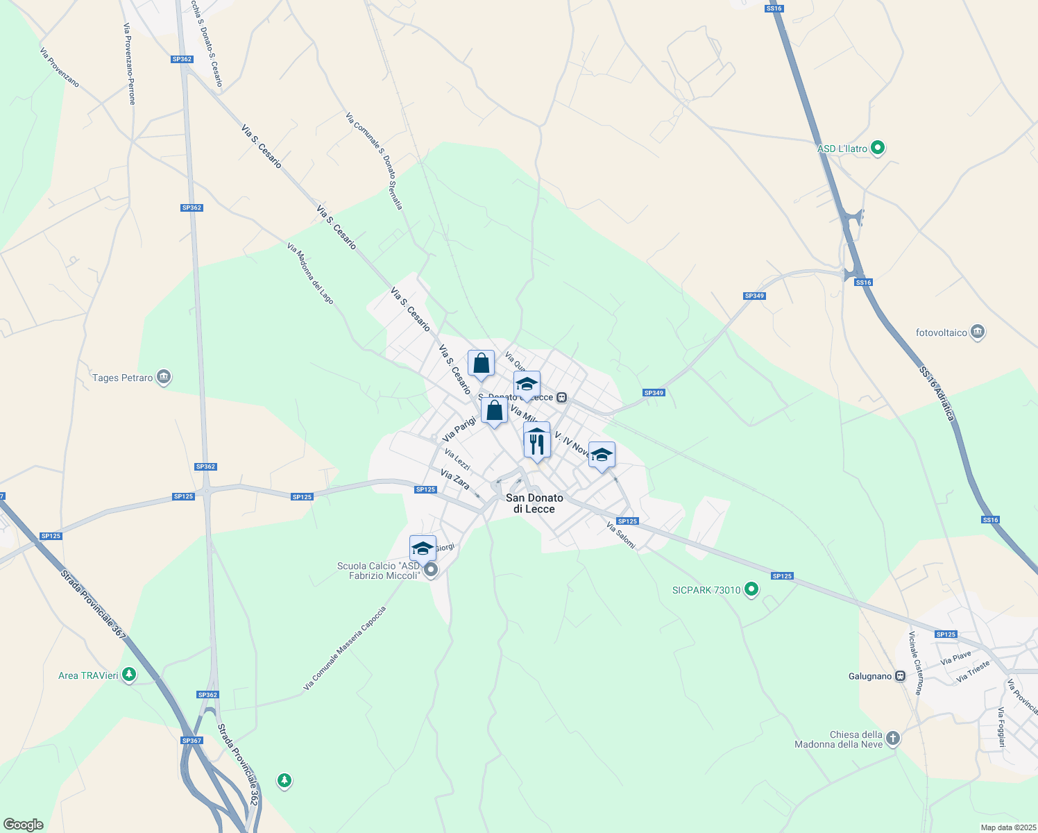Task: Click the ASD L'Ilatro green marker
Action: (x=878, y=148)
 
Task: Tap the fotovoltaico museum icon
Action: (x=978, y=333)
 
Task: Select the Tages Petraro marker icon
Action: (x=164, y=378)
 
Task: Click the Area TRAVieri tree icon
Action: (x=128, y=675)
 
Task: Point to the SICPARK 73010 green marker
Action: (x=751, y=590)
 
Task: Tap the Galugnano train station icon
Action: (x=901, y=676)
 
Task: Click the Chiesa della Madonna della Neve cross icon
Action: (x=893, y=739)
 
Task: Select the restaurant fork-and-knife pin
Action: (x=536, y=444)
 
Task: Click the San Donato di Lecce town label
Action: (x=534, y=503)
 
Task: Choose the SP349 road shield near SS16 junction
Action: (x=754, y=296)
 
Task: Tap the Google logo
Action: (x=23, y=825)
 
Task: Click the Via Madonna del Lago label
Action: (x=310, y=273)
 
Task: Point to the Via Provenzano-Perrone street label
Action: (x=129, y=64)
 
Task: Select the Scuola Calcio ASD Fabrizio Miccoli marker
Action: (x=431, y=571)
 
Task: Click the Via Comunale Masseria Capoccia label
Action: (x=344, y=649)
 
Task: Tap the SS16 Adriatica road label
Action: (x=937, y=394)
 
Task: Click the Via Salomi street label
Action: (x=620, y=535)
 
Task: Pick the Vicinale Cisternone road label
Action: (x=916, y=664)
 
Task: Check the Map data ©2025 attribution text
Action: (x=1007, y=827)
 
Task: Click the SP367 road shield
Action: (x=192, y=741)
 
